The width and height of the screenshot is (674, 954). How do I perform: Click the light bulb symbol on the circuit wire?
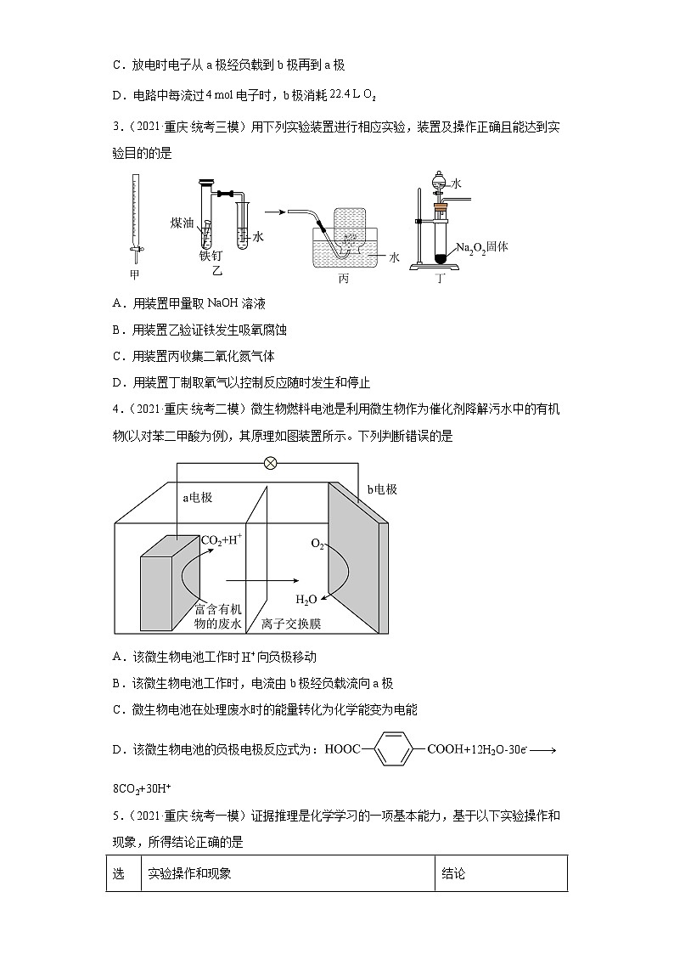tap(271, 463)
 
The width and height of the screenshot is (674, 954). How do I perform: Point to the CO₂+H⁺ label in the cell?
tap(222, 539)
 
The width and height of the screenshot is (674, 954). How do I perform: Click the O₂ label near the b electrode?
tap(317, 544)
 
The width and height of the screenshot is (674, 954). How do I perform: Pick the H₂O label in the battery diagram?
tap(306, 600)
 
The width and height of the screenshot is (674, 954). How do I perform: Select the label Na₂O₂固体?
tap(481, 247)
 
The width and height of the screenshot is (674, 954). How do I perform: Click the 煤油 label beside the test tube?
tap(183, 223)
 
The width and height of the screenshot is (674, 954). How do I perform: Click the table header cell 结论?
tap(454, 873)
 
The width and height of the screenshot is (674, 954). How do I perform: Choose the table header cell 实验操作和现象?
tap(189, 873)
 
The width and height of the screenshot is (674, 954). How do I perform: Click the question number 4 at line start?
tap(115, 410)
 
